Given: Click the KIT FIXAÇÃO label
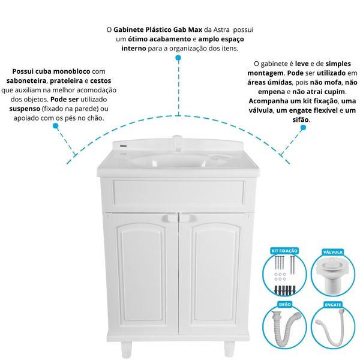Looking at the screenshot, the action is pos(284,251).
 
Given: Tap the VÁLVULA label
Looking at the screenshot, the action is pos(332,252).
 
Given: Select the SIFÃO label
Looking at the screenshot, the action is pos(284,304).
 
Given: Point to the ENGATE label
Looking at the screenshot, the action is pos(333,305).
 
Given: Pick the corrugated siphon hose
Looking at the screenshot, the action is pos(284,328).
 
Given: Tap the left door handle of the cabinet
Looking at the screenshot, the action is pos(169,218).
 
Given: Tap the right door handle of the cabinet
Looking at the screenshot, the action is pos(187,218).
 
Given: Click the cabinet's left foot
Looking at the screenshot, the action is pos(126,349).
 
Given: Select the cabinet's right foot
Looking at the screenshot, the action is pos(229,349).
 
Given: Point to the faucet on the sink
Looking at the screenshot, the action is pos(177,144).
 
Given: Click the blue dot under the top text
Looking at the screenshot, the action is pos(178,58).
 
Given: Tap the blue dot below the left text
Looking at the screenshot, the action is pos(55,126).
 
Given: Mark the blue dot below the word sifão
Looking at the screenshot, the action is pos(303,128).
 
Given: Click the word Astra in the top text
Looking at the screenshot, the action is pos(221,29).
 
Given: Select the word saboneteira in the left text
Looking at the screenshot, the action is pos(26,81).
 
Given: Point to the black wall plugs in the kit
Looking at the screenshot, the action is pos(284,290).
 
